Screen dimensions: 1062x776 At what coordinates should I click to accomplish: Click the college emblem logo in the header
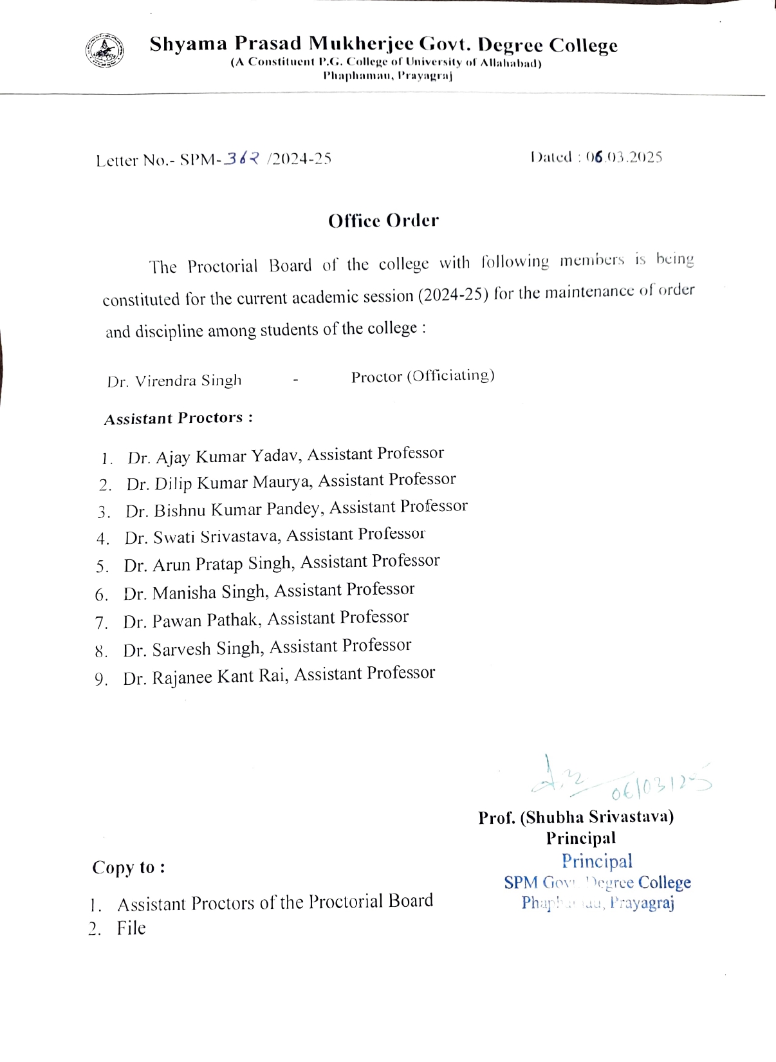pyautogui.click(x=105, y=51)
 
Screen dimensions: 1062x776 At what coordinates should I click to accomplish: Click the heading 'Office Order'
pyautogui.click(x=383, y=221)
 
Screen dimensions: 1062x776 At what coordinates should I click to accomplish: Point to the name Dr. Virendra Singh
pyautogui.click(x=174, y=381)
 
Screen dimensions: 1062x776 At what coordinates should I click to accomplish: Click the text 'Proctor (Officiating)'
pyautogui.click(x=423, y=376)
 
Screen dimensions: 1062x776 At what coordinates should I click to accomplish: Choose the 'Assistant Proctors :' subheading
pyautogui.click(x=178, y=418)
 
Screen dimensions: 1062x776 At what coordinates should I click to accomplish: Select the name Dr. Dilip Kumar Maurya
pyautogui.click(x=219, y=483)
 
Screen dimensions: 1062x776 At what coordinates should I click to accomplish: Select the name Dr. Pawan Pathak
pyautogui.click(x=191, y=620)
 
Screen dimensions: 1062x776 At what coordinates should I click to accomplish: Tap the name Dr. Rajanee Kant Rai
pyautogui.click(x=205, y=677)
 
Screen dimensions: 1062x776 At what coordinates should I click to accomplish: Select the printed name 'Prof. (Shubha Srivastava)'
pyautogui.click(x=576, y=817)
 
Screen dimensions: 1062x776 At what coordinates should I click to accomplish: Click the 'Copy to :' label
pyautogui.click(x=129, y=868)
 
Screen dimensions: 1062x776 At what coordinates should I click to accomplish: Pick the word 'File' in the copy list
pyautogui.click(x=131, y=928)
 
